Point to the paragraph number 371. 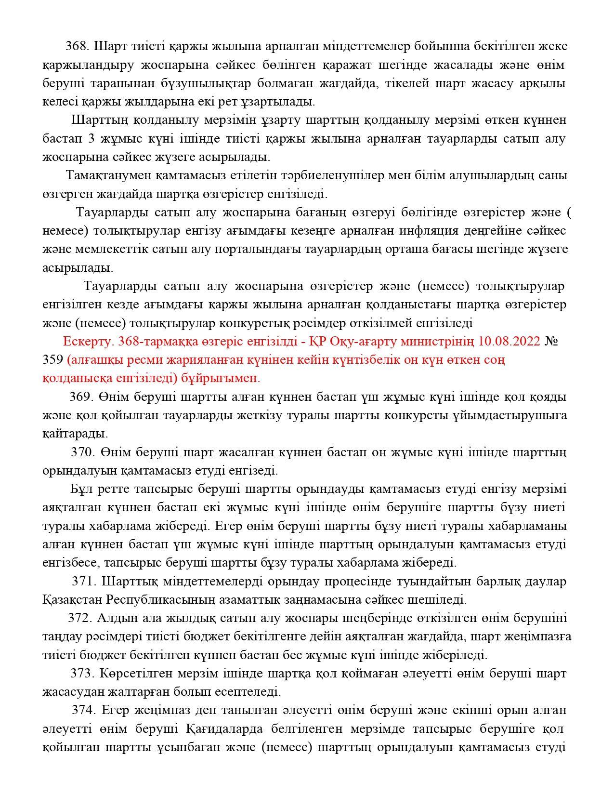pyautogui.click(x=84, y=581)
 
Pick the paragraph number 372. pyautogui.click(x=80, y=618)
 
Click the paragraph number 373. pyautogui.click(x=83, y=673)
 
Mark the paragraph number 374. pyautogui.click(x=84, y=710)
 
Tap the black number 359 pyautogui.click(x=52, y=359)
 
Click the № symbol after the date pyautogui.click(x=551, y=341)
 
